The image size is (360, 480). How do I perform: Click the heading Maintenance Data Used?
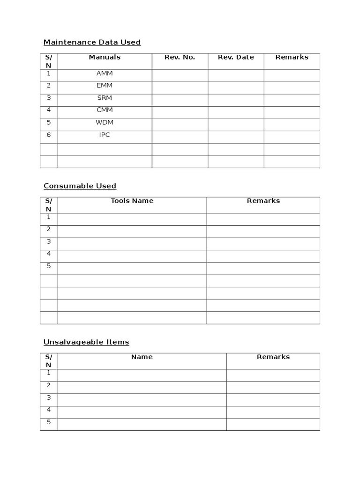(92, 42)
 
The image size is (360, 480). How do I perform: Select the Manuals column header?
(105, 57)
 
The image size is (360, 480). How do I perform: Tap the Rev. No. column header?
(180, 57)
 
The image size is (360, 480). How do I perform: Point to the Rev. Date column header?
(236, 57)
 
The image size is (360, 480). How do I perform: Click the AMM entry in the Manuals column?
(105, 74)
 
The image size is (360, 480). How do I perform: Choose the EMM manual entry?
(105, 86)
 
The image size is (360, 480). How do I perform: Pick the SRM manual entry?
(105, 98)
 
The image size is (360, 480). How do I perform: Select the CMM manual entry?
(105, 110)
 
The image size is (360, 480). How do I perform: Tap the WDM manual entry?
(105, 122)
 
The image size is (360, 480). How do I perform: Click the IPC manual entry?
(105, 135)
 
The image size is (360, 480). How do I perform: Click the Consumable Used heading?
(80, 186)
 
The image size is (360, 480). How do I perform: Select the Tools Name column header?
(132, 201)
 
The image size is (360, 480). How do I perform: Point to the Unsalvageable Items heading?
(86, 342)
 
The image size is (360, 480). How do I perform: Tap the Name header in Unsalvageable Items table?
(142, 357)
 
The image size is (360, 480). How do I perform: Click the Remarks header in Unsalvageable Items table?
(273, 357)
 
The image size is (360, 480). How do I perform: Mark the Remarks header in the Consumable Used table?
(263, 201)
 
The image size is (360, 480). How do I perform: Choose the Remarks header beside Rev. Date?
(292, 57)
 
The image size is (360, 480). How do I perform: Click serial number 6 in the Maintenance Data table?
(48, 135)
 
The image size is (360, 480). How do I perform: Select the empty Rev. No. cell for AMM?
(180, 75)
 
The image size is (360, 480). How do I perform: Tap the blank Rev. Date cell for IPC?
(236, 137)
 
